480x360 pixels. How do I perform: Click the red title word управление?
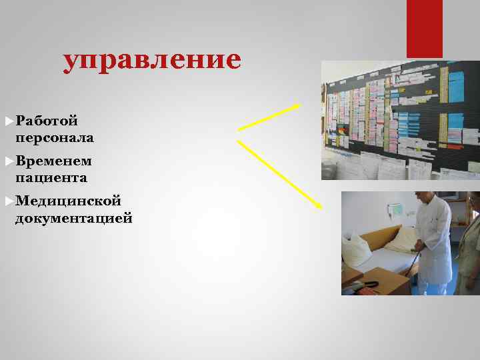click(152, 60)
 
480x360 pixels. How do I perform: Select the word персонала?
click(54, 138)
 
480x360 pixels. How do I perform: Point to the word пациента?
click(51, 178)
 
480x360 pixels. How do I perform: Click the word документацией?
click(73, 218)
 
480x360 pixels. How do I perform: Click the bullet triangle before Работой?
click(8, 121)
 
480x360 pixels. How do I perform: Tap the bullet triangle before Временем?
click(8, 161)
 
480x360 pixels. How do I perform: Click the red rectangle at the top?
click(424, 28)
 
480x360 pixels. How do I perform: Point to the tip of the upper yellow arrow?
click(299, 104)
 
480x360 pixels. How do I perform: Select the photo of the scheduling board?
click(400, 120)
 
